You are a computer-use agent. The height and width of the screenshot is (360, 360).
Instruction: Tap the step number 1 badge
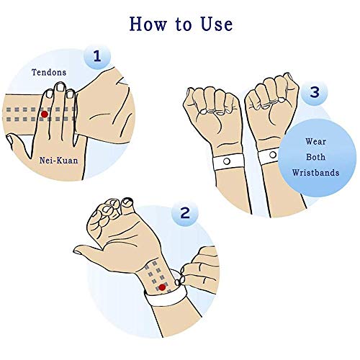92,56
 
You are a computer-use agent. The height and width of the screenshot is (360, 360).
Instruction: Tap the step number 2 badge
186,212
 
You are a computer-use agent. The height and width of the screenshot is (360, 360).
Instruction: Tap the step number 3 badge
315,93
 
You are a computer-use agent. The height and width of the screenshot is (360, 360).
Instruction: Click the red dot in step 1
45,114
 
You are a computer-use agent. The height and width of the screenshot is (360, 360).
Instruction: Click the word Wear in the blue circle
315,142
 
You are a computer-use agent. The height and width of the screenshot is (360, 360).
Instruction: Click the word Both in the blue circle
315,158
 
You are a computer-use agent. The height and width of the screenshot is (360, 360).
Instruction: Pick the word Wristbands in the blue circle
315,174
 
